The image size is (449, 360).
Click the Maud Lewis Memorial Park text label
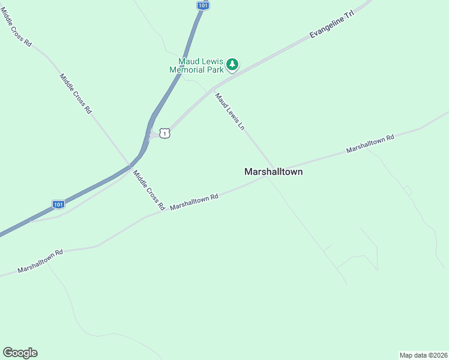[196, 65]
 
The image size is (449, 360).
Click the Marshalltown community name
[273, 172]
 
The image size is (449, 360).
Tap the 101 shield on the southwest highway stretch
[58, 205]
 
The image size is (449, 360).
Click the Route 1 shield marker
[165, 133]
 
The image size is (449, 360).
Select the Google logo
[20, 353]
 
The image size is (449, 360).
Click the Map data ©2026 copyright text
[423, 355]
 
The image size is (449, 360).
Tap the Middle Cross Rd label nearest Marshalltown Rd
[149, 190]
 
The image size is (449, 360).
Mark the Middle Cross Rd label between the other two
[76, 94]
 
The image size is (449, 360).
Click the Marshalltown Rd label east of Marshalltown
[370, 145]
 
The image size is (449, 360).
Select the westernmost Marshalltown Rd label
[40, 262]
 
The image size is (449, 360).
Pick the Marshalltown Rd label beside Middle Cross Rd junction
[193, 202]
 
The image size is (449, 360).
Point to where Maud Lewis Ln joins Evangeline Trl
[212, 89]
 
